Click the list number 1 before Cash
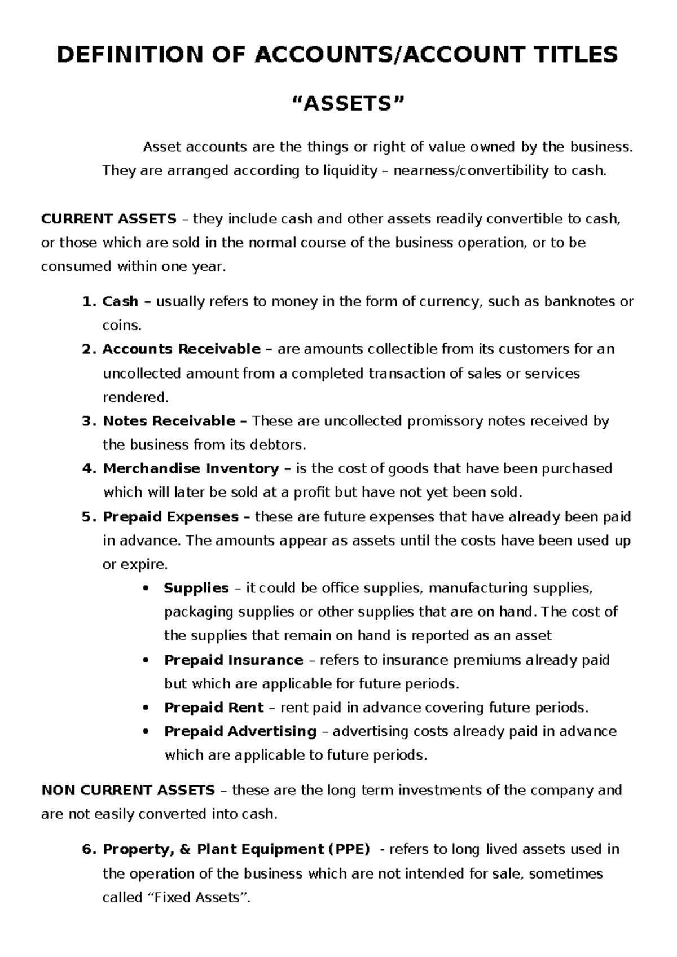point(86,301)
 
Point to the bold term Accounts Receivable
point(181,349)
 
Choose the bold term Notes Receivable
point(169,421)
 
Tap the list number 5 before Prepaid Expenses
point(86,517)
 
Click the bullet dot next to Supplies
point(147,589)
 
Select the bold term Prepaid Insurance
point(234,660)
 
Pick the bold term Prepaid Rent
point(214,707)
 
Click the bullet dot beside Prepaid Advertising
point(147,731)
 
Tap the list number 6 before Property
point(86,849)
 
